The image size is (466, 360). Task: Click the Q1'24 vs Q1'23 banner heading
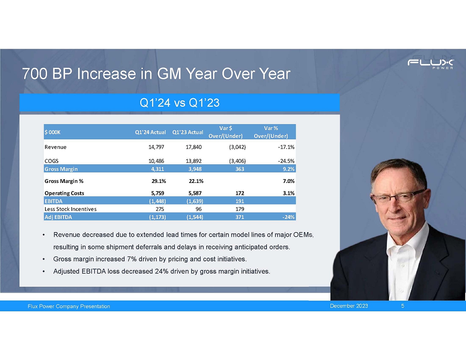(180, 102)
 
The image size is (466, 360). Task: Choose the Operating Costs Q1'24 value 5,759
(156, 193)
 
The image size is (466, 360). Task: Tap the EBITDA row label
(53, 201)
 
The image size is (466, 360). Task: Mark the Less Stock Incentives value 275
(159, 209)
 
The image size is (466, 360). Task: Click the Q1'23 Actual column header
(188, 132)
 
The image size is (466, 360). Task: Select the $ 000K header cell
(53, 132)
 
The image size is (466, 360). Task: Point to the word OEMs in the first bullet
(305, 235)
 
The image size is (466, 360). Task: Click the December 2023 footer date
(349, 306)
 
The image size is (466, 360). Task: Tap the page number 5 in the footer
(402, 306)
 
